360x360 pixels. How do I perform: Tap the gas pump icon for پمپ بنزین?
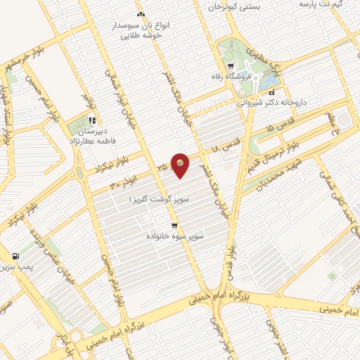tap(15, 256)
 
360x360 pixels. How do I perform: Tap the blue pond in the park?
tap(268, 82)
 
